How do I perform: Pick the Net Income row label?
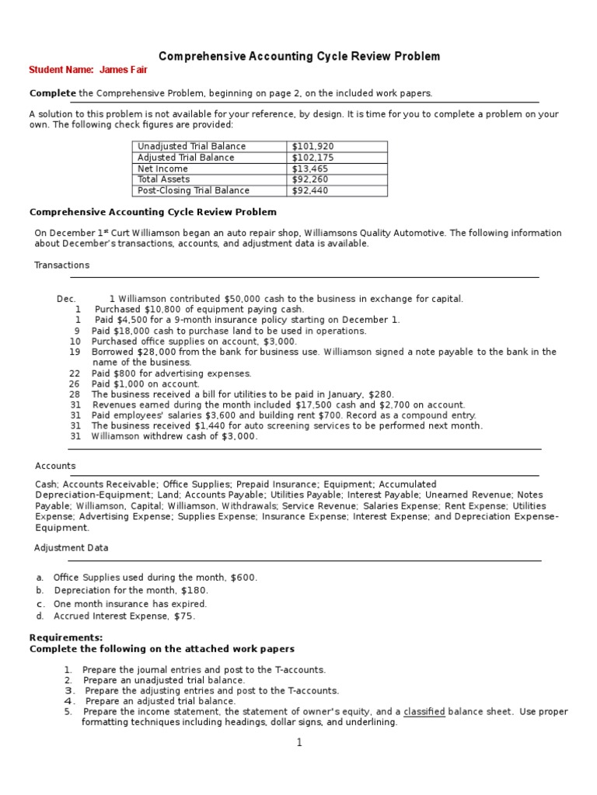(x=162, y=168)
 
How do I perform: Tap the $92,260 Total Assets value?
(x=309, y=179)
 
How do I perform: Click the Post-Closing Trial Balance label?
(x=194, y=190)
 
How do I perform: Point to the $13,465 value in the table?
(x=309, y=168)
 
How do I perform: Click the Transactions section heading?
(x=61, y=265)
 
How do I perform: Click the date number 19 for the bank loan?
(x=75, y=352)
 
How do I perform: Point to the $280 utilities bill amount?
(x=382, y=394)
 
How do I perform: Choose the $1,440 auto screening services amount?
(x=219, y=425)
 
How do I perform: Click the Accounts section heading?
(x=55, y=466)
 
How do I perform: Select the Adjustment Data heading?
(x=72, y=547)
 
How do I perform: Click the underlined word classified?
(x=424, y=711)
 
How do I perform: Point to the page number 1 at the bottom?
(x=298, y=742)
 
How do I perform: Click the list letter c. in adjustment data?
(x=40, y=604)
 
